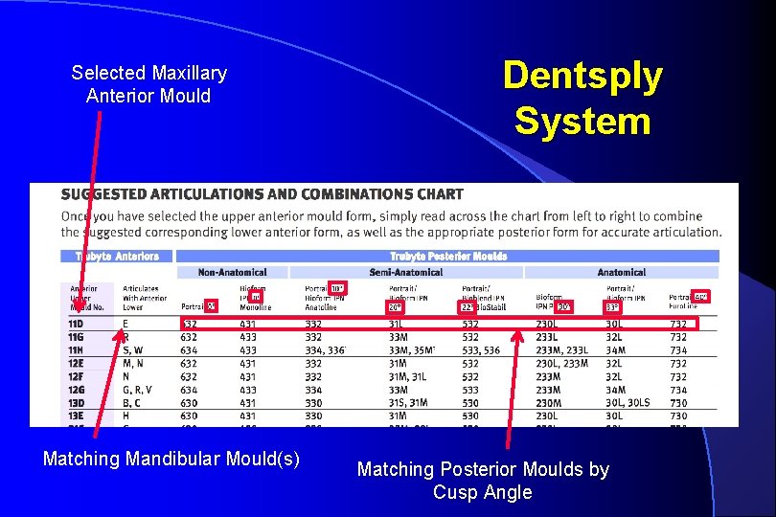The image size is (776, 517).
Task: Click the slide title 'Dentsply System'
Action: click(582, 99)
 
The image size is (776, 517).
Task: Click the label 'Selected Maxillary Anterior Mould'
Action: click(148, 84)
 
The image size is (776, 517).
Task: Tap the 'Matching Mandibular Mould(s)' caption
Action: click(171, 459)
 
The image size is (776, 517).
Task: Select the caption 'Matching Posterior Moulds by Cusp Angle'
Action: click(482, 481)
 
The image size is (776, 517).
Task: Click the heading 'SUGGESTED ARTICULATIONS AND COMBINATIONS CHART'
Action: click(262, 194)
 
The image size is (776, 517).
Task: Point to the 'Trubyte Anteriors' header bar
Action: click(117, 257)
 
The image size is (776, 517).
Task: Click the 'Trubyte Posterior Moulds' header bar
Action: click(447, 257)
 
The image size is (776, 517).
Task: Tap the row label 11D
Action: click(76, 325)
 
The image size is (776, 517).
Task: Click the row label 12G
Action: click(76, 390)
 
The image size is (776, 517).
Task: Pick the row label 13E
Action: click(76, 416)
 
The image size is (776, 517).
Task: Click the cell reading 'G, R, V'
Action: click(137, 390)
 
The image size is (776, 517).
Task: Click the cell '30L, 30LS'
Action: click(627, 403)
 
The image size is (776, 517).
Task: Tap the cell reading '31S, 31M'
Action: click(409, 403)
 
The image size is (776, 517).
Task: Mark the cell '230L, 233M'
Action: click(562, 364)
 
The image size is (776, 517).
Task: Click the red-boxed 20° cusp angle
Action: click(395, 307)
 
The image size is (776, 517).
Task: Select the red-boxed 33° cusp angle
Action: click(612, 307)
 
